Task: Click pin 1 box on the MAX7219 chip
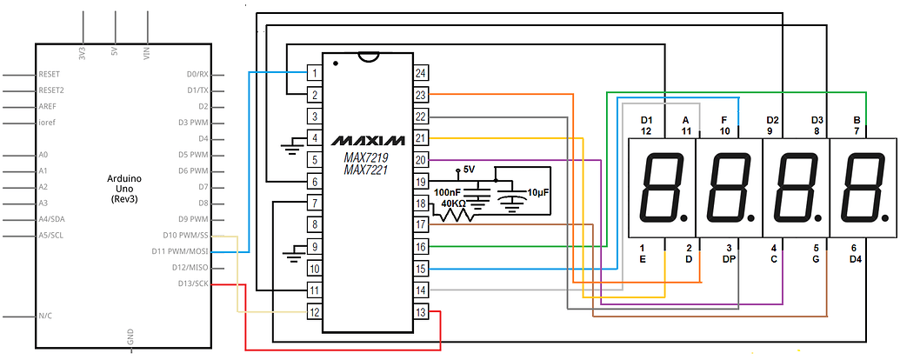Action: click(x=314, y=73)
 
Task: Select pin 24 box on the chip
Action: click(x=421, y=73)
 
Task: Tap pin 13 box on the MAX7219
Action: click(x=421, y=312)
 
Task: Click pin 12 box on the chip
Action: click(x=314, y=312)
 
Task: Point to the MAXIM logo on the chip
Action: click(x=368, y=140)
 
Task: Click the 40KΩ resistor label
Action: click(x=453, y=203)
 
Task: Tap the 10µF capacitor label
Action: click(x=537, y=193)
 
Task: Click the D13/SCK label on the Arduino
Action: click(x=193, y=283)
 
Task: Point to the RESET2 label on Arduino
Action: click(x=51, y=90)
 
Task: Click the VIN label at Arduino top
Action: click(x=146, y=53)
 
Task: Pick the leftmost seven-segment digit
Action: click(x=663, y=188)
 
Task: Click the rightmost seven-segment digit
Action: click(x=863, y=188)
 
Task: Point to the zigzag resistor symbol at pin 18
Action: click(x=453, y=215)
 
